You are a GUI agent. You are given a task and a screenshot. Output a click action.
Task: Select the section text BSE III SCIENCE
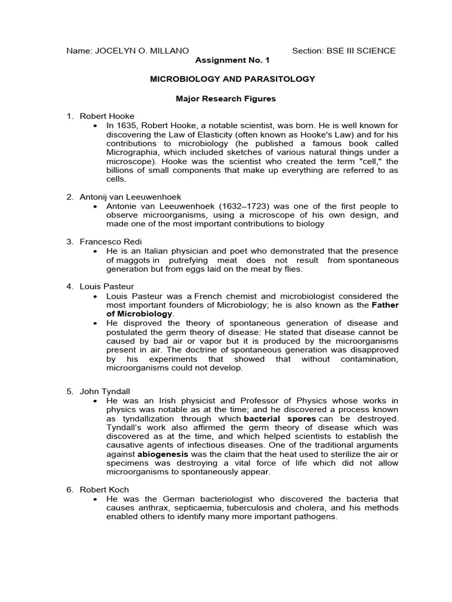pyautogui.click(x=360, y=51)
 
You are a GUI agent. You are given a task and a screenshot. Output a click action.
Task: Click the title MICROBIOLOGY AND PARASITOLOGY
pyautogui.click(x=226, y=79)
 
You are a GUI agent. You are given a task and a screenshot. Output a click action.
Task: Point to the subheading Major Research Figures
pyautogui.click(x=226, y=99)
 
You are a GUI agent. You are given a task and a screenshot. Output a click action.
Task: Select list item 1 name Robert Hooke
pyautogui.click(x=107, y=116)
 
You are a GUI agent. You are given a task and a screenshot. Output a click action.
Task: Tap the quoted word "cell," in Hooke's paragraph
pyautogui.click(x=365, y=162)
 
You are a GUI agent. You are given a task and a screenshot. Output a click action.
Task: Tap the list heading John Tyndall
pyautogui.click(x=105, y=391)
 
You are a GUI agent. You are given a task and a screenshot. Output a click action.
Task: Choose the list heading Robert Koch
pyautogui.click(x=104, y=489)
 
